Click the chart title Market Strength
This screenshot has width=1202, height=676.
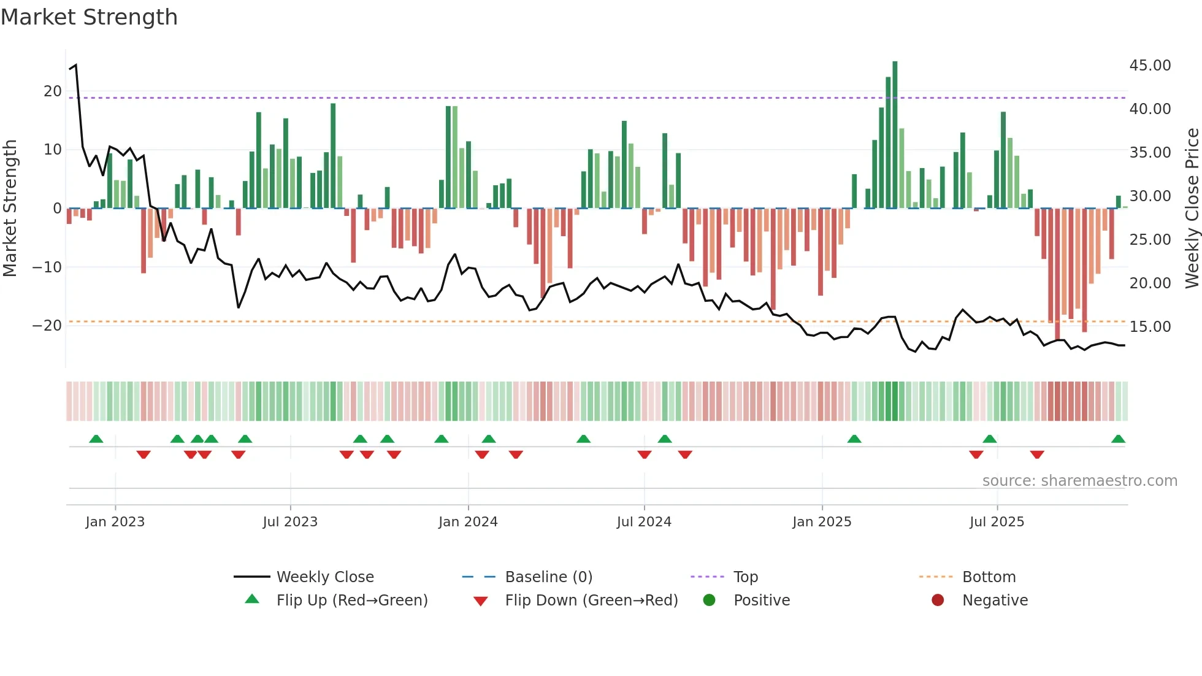click(x=89, y=17)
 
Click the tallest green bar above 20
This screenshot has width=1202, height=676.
click(x=895, y=135)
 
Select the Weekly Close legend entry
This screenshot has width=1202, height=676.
click(x=324, y=577)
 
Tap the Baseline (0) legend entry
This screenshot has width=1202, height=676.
click(x=548, y=577)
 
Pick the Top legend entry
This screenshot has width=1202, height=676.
click(x=745, y=577)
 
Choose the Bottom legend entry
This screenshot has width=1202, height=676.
click(x=989, y=577)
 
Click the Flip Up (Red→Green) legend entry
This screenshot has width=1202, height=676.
click(x=351, y=601)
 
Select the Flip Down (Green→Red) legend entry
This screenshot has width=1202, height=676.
click(x=591, y=601)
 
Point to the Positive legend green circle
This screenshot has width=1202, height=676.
click(x=710, y=601)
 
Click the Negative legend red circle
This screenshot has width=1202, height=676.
click(x=938, y=601)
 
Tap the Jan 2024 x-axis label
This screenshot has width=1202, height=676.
click(x=468, y=522)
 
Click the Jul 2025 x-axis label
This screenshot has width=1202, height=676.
click(x=997, y=522)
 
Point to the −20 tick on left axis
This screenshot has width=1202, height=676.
click(x=48, y=326)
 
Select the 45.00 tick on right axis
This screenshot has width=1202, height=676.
click(x=1150, y=66)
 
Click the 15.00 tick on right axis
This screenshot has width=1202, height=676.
click(x=1150, y=327)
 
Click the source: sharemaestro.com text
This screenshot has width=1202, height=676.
click(x=1079, y=481)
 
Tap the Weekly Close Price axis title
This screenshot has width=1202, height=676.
click(x=1192, y=209)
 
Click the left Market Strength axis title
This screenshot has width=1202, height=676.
click(x=10, y=209)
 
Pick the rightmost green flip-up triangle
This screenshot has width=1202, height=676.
click(x=1118, y=439)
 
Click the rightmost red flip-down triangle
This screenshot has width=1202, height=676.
click(x=1037, y=455)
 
